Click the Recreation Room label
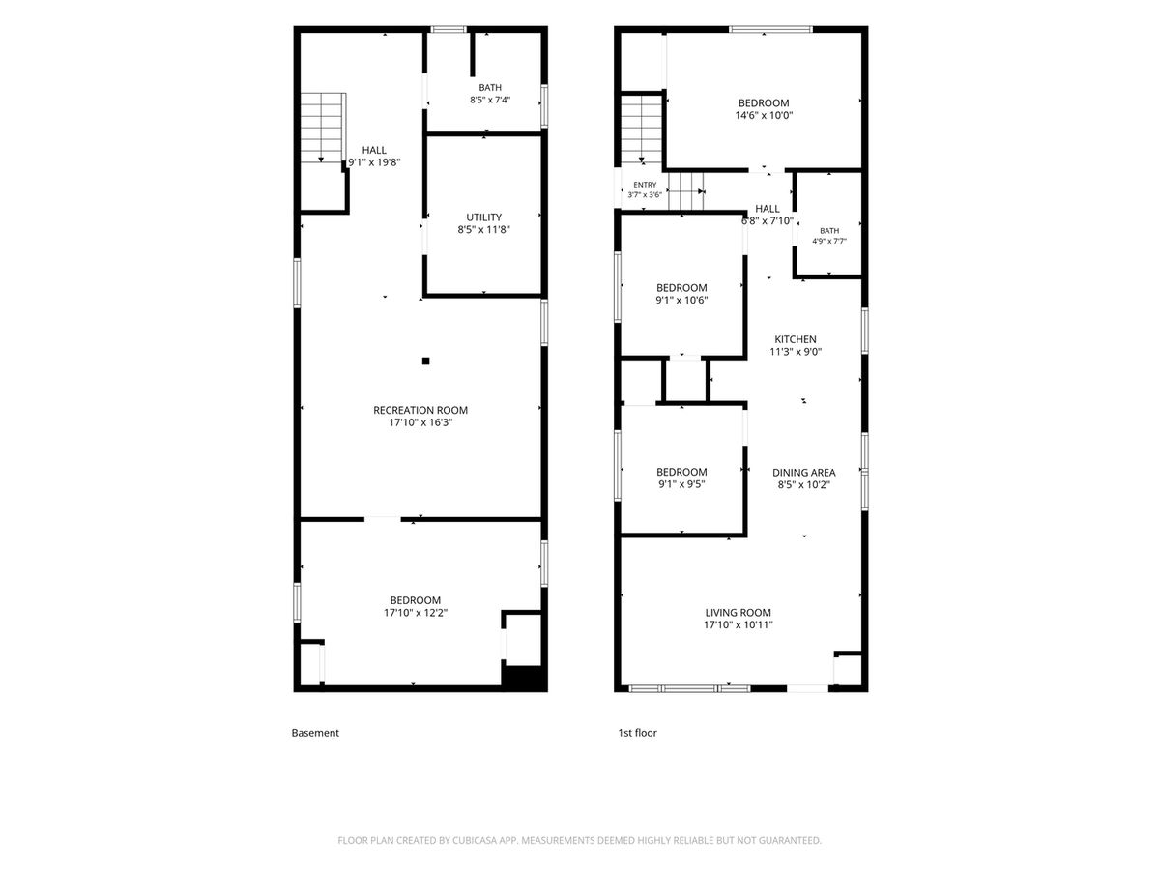(420, 410)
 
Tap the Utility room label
(483, 217)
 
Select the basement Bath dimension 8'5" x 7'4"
(490, 100)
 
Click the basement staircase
(323, 128)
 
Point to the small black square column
(425, 362)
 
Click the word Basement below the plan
(315, 733)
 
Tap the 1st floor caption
(637, 733)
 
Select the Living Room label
(738, 613)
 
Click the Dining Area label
(804, 473)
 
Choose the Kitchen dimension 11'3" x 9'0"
(796, 352)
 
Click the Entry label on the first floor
(645, 185)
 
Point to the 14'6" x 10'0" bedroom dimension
(764, 116)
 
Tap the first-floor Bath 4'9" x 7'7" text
(829, 236)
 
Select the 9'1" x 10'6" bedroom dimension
(681, 301)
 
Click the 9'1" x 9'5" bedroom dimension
(681, 484)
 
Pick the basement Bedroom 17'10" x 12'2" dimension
(416, 613)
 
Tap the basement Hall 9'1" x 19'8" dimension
(374, 162)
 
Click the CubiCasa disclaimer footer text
(580, 840)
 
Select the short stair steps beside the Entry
(686, 191)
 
